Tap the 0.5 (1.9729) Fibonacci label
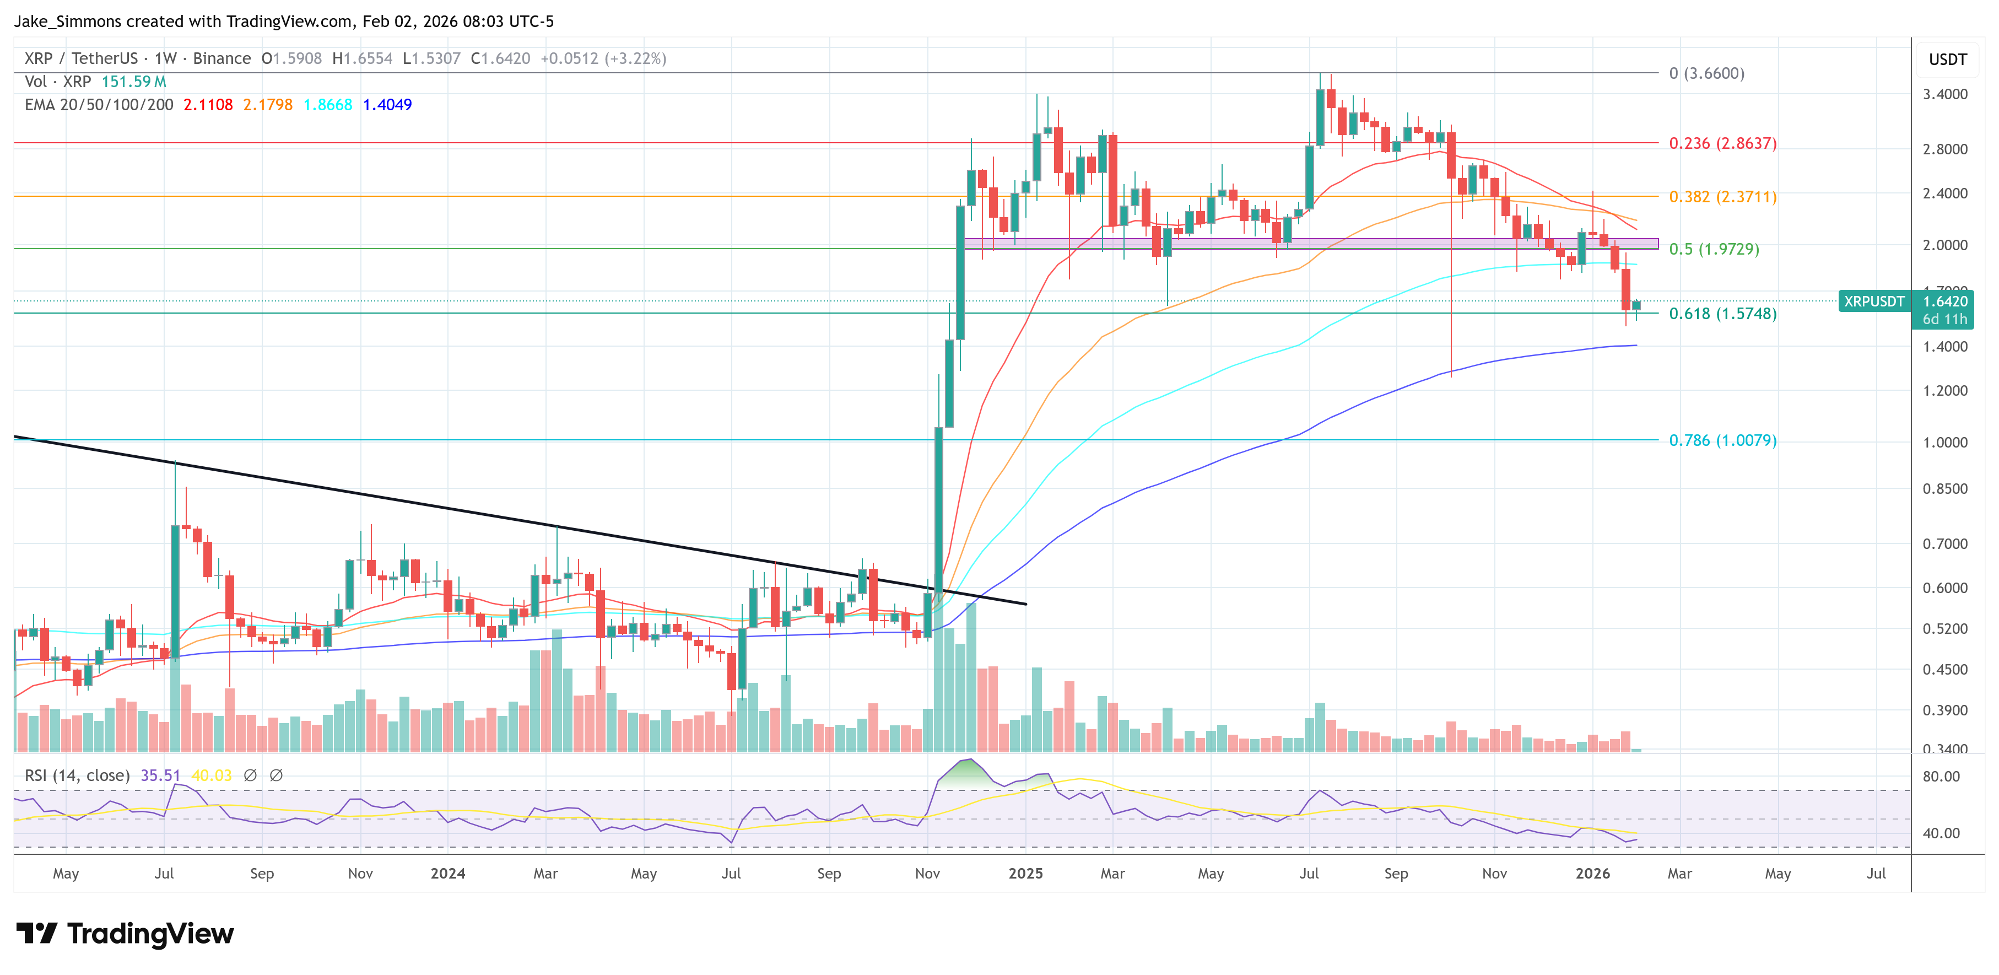point(1714,249)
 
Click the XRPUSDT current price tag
point(1873,301)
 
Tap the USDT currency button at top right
point(1947,60)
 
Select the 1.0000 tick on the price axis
point(1944,443)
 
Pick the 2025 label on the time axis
point(1025,873)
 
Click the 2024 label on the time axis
point(448,873)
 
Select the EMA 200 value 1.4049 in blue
point(387,105)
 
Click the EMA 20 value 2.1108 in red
point(208,105)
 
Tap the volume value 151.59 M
point(133,82)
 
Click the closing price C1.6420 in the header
point(500,58)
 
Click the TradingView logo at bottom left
point(124,933)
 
